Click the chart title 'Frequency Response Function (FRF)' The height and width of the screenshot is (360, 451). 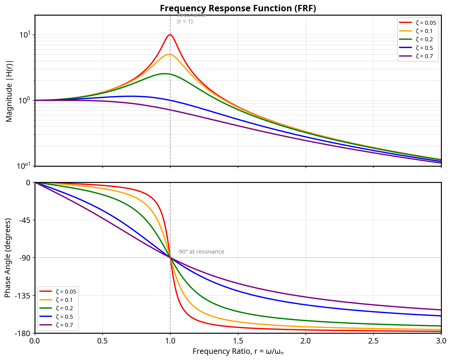point(238,8)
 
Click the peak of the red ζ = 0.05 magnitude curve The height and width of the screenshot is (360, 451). point(170,35)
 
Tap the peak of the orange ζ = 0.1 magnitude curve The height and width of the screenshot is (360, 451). point(169,54)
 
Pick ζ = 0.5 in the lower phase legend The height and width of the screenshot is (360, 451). point(64,317)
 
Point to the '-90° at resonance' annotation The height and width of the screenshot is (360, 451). point(201,252)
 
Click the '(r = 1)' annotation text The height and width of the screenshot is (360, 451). point(185,22)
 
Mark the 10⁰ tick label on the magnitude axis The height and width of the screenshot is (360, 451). point(25,100)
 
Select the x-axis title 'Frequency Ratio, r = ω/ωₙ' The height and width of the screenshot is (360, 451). point(238,352)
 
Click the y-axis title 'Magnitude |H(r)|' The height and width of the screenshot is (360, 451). point(9,91)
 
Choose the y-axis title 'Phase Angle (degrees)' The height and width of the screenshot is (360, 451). point(8,258)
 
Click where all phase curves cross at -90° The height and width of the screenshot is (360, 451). point(170,258)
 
